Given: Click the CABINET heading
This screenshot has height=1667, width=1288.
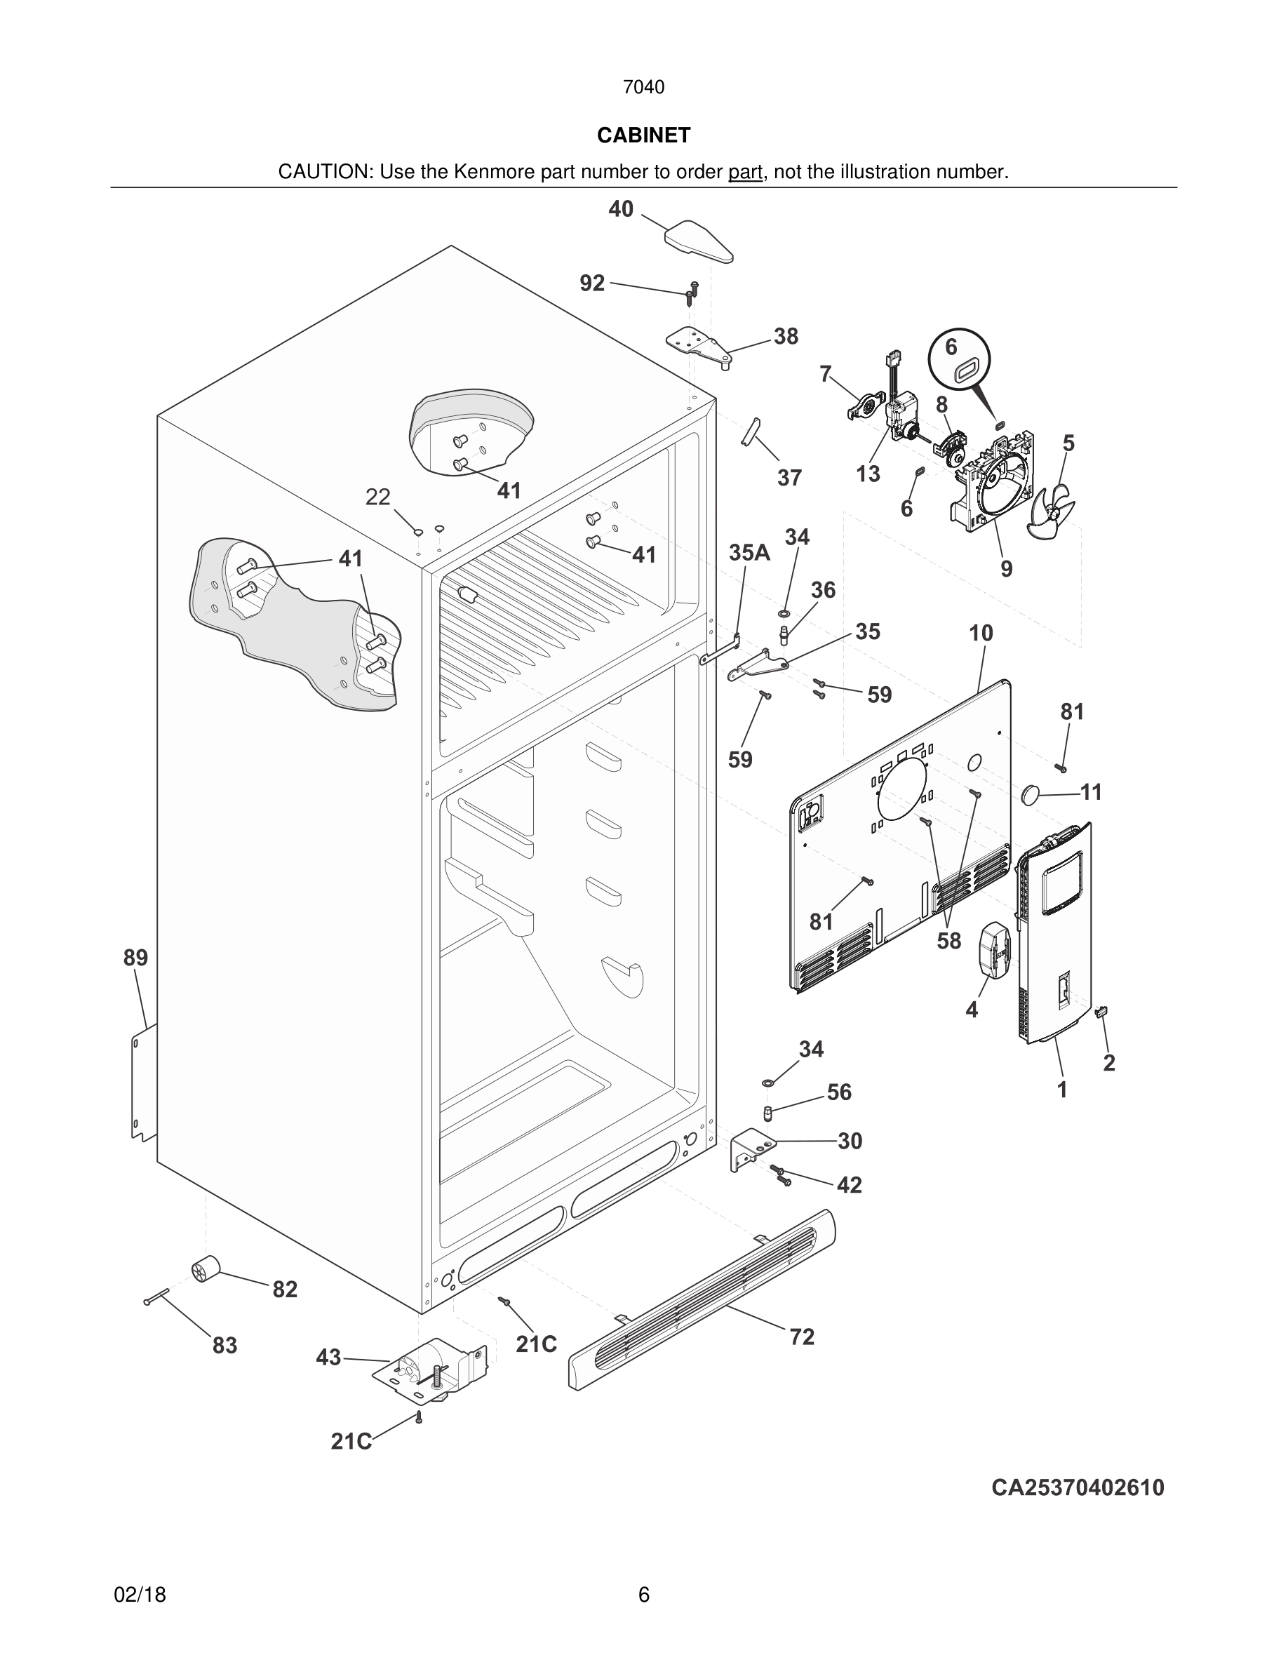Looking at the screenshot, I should click(643, 135).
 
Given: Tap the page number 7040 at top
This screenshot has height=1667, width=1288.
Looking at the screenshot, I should click(643, 87).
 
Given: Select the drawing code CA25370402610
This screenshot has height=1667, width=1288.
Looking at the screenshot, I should click(1078, 1487).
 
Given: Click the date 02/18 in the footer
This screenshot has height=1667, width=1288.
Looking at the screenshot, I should click(140, 1595).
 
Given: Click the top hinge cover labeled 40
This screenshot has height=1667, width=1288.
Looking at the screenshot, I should click(699, 241).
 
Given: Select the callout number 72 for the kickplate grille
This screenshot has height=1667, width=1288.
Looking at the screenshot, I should click(802, 1337).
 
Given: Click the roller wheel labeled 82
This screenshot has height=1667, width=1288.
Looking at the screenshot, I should click(204, 1268).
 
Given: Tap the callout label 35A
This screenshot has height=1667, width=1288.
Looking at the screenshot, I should click(749, 553).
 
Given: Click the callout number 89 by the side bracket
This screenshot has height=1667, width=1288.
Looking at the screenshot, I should click(135, 957).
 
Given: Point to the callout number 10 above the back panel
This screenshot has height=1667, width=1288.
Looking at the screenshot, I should click(981, 633).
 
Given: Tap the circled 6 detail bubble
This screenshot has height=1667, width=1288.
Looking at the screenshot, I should click(959, 358).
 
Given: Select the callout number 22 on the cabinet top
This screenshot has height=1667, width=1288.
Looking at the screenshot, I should click(377, 497).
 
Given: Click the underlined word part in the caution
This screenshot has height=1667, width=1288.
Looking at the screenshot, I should click(745, 172).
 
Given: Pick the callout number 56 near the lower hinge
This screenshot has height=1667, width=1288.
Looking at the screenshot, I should click(838, 1092).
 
